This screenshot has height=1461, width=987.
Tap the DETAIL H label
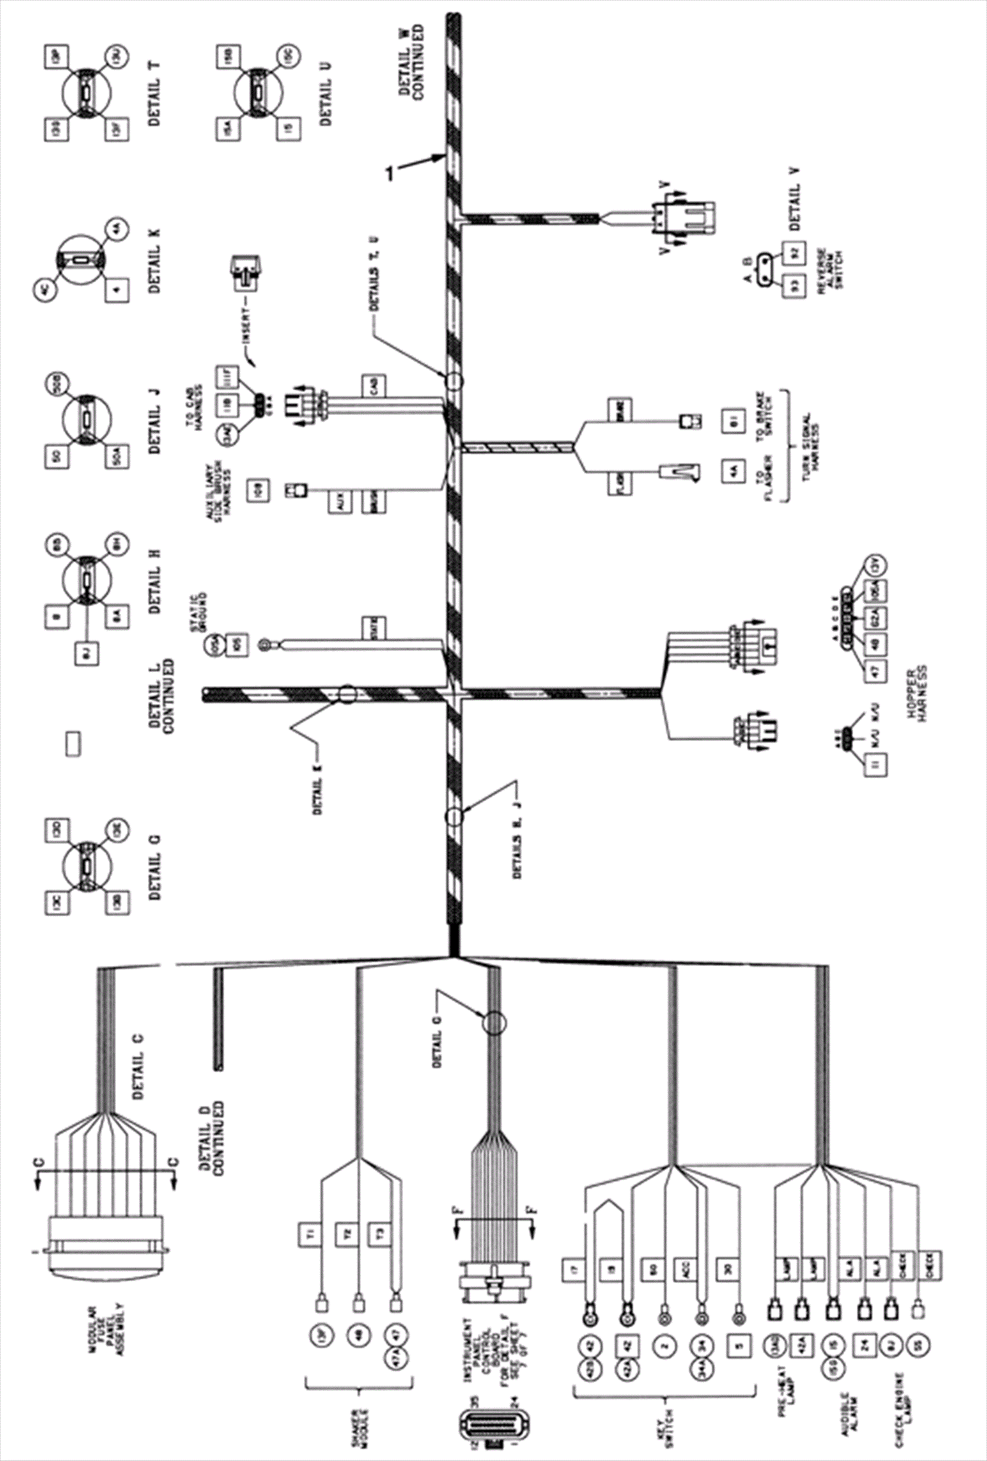[155, 581]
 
